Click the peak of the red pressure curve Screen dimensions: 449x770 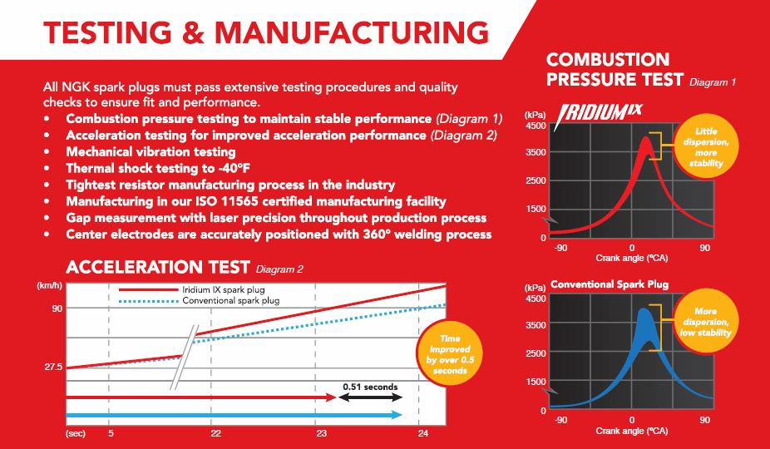point(645,140)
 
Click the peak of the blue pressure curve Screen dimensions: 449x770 point(644,311)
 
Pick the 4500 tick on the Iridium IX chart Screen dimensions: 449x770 point(535,126)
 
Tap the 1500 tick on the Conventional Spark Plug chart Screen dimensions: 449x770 point(535,382)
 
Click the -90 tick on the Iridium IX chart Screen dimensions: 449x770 point(561,247)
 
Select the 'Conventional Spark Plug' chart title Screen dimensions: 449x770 point(610,284)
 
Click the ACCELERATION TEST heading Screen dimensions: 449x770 point(157,267)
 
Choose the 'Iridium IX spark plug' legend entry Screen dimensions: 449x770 point(215,289)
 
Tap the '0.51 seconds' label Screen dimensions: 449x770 point(370,387)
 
